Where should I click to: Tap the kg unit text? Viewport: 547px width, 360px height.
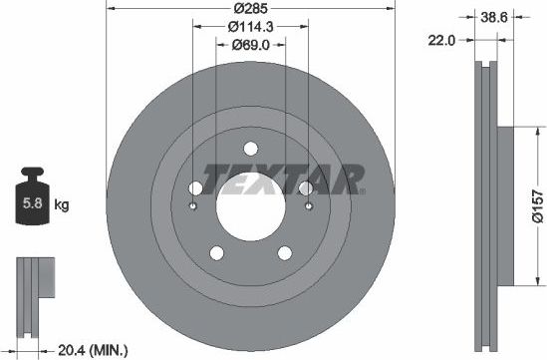click(62, 205)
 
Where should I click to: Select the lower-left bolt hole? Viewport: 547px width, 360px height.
click(217, 252)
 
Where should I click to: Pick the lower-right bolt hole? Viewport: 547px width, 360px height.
click(283, 252)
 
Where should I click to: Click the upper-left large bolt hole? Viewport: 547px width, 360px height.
click(195, 188)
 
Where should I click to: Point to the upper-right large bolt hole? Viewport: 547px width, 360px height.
click(305, 188)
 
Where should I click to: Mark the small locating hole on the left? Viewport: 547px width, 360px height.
click(191, 207)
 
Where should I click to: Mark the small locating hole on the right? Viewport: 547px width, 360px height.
click(309, 207)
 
